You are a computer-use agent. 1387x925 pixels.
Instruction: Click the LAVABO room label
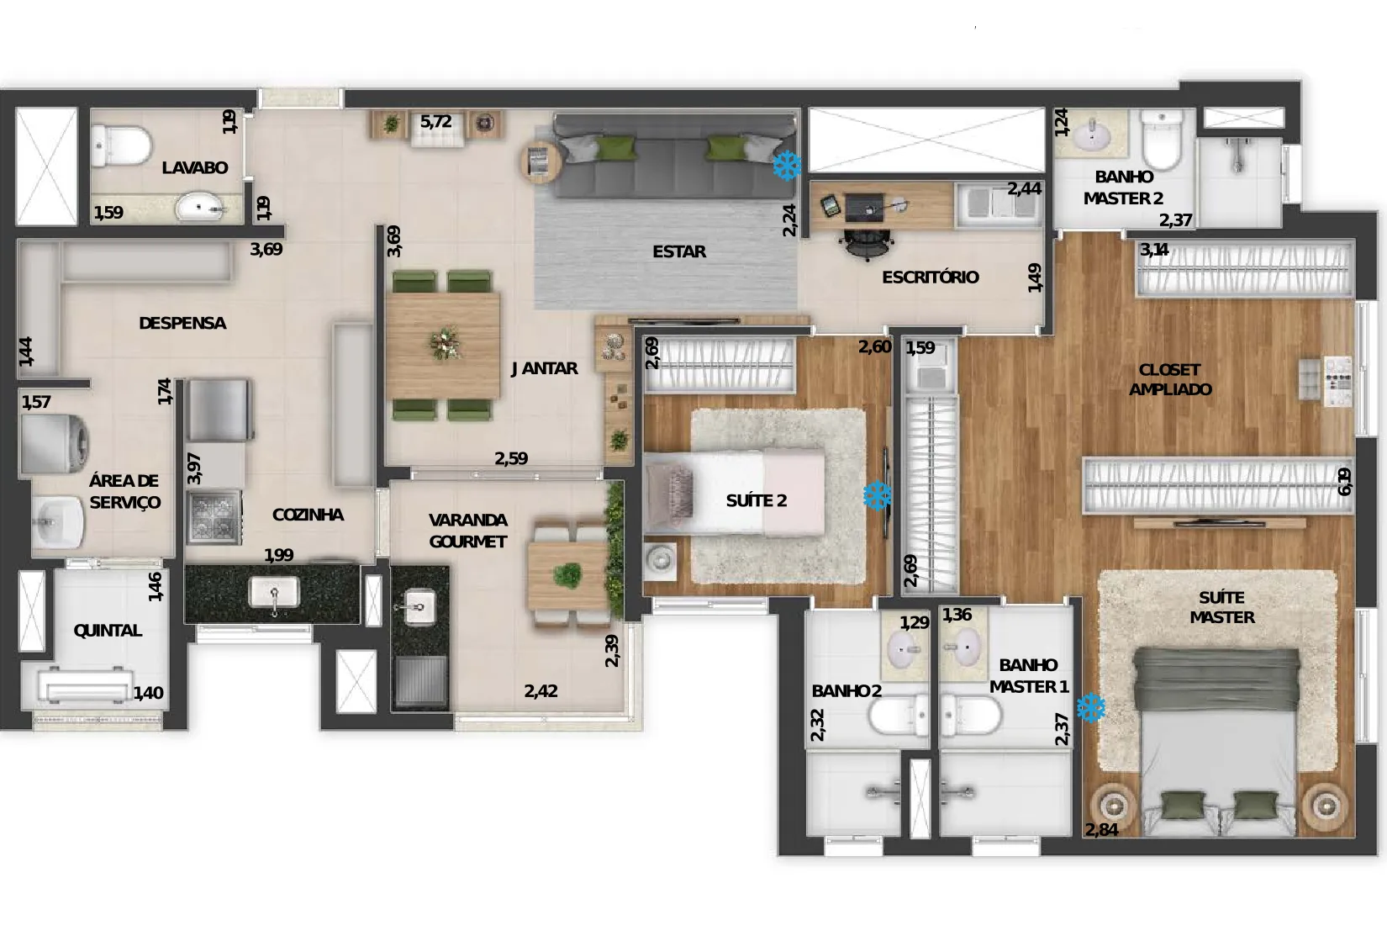point(195,167)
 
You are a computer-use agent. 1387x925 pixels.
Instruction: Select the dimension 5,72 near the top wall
point(436,121)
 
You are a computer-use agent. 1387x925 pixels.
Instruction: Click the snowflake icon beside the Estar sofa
point(787,166)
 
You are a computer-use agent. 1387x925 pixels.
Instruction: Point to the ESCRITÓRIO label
point(930,277)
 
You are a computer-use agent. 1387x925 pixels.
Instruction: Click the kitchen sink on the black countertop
point(274,592)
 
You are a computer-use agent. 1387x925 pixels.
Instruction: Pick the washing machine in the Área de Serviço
point(55,444)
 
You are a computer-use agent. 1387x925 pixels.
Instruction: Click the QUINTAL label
point(108,631)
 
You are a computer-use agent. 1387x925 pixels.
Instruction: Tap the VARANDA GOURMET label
point(468,531)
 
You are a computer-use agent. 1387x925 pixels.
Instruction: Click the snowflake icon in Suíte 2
point(878,496)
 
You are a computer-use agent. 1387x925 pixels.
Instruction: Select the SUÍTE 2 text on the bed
point(756,500)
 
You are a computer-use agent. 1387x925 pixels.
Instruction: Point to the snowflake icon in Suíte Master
point(1090,708)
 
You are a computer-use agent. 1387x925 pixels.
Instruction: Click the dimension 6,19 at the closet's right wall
point(1344,481)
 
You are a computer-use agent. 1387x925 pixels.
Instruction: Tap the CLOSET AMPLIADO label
point(1169,379)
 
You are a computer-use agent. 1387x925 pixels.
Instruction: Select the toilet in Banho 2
point(898,716)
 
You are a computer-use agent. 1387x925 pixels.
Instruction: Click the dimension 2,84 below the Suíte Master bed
point(1101,829)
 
